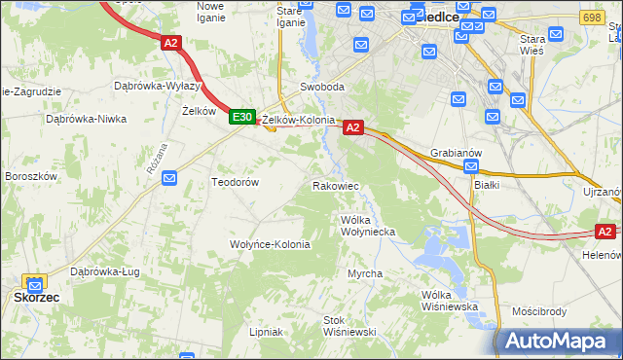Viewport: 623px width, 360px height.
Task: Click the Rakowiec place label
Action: pos(336,185)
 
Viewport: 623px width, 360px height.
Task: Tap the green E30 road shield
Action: pos(241,117)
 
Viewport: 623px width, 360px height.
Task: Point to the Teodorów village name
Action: pos(235,182)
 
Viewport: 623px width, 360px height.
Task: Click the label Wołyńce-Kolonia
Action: pos(270,244)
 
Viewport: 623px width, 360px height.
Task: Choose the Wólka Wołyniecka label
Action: pos(367,226)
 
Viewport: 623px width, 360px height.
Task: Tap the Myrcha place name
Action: pos(365,273)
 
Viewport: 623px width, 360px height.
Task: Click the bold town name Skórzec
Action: pos(37,298)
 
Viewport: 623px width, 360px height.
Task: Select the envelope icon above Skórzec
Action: pos(36,282)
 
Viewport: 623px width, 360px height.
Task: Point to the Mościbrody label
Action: pos(539,312)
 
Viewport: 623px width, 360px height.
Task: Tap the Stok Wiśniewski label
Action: pos(349,325)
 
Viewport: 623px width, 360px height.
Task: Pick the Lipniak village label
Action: pos(266,332)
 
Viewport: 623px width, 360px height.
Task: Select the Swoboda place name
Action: pos(322,87)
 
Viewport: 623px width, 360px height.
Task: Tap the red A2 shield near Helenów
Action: pos(605,232)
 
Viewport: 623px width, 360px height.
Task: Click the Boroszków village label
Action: pos(31,176)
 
